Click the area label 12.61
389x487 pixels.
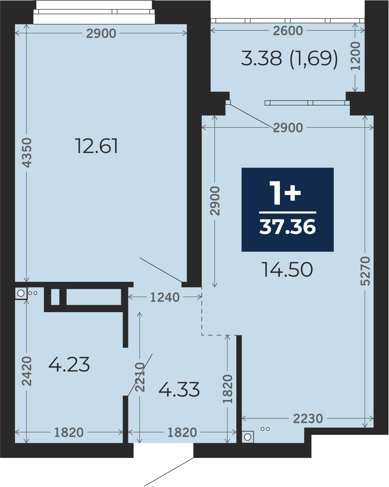tap(96, 146)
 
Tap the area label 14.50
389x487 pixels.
tap(287, 269)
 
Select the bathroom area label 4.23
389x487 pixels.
tap(69, 364)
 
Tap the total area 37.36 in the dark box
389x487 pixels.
tap(287, 227)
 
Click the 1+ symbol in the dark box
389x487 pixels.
tap(285, 193)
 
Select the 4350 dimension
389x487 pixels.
tap(27, 153)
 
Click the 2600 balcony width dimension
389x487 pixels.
tap(288, 31)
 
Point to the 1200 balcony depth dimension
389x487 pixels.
tap(355, 56)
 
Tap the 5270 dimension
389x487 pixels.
tap(365, 271)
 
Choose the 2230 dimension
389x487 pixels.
tap(308, 418)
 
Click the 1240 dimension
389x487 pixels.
tap(165, 297)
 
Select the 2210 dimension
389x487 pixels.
tap(140, 377)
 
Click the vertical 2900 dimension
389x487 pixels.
tap(215, 201)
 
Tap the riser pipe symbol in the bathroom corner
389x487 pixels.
tap(21, 293)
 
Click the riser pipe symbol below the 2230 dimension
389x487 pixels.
tap(247, 437)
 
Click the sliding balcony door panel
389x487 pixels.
tap(307, 103)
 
